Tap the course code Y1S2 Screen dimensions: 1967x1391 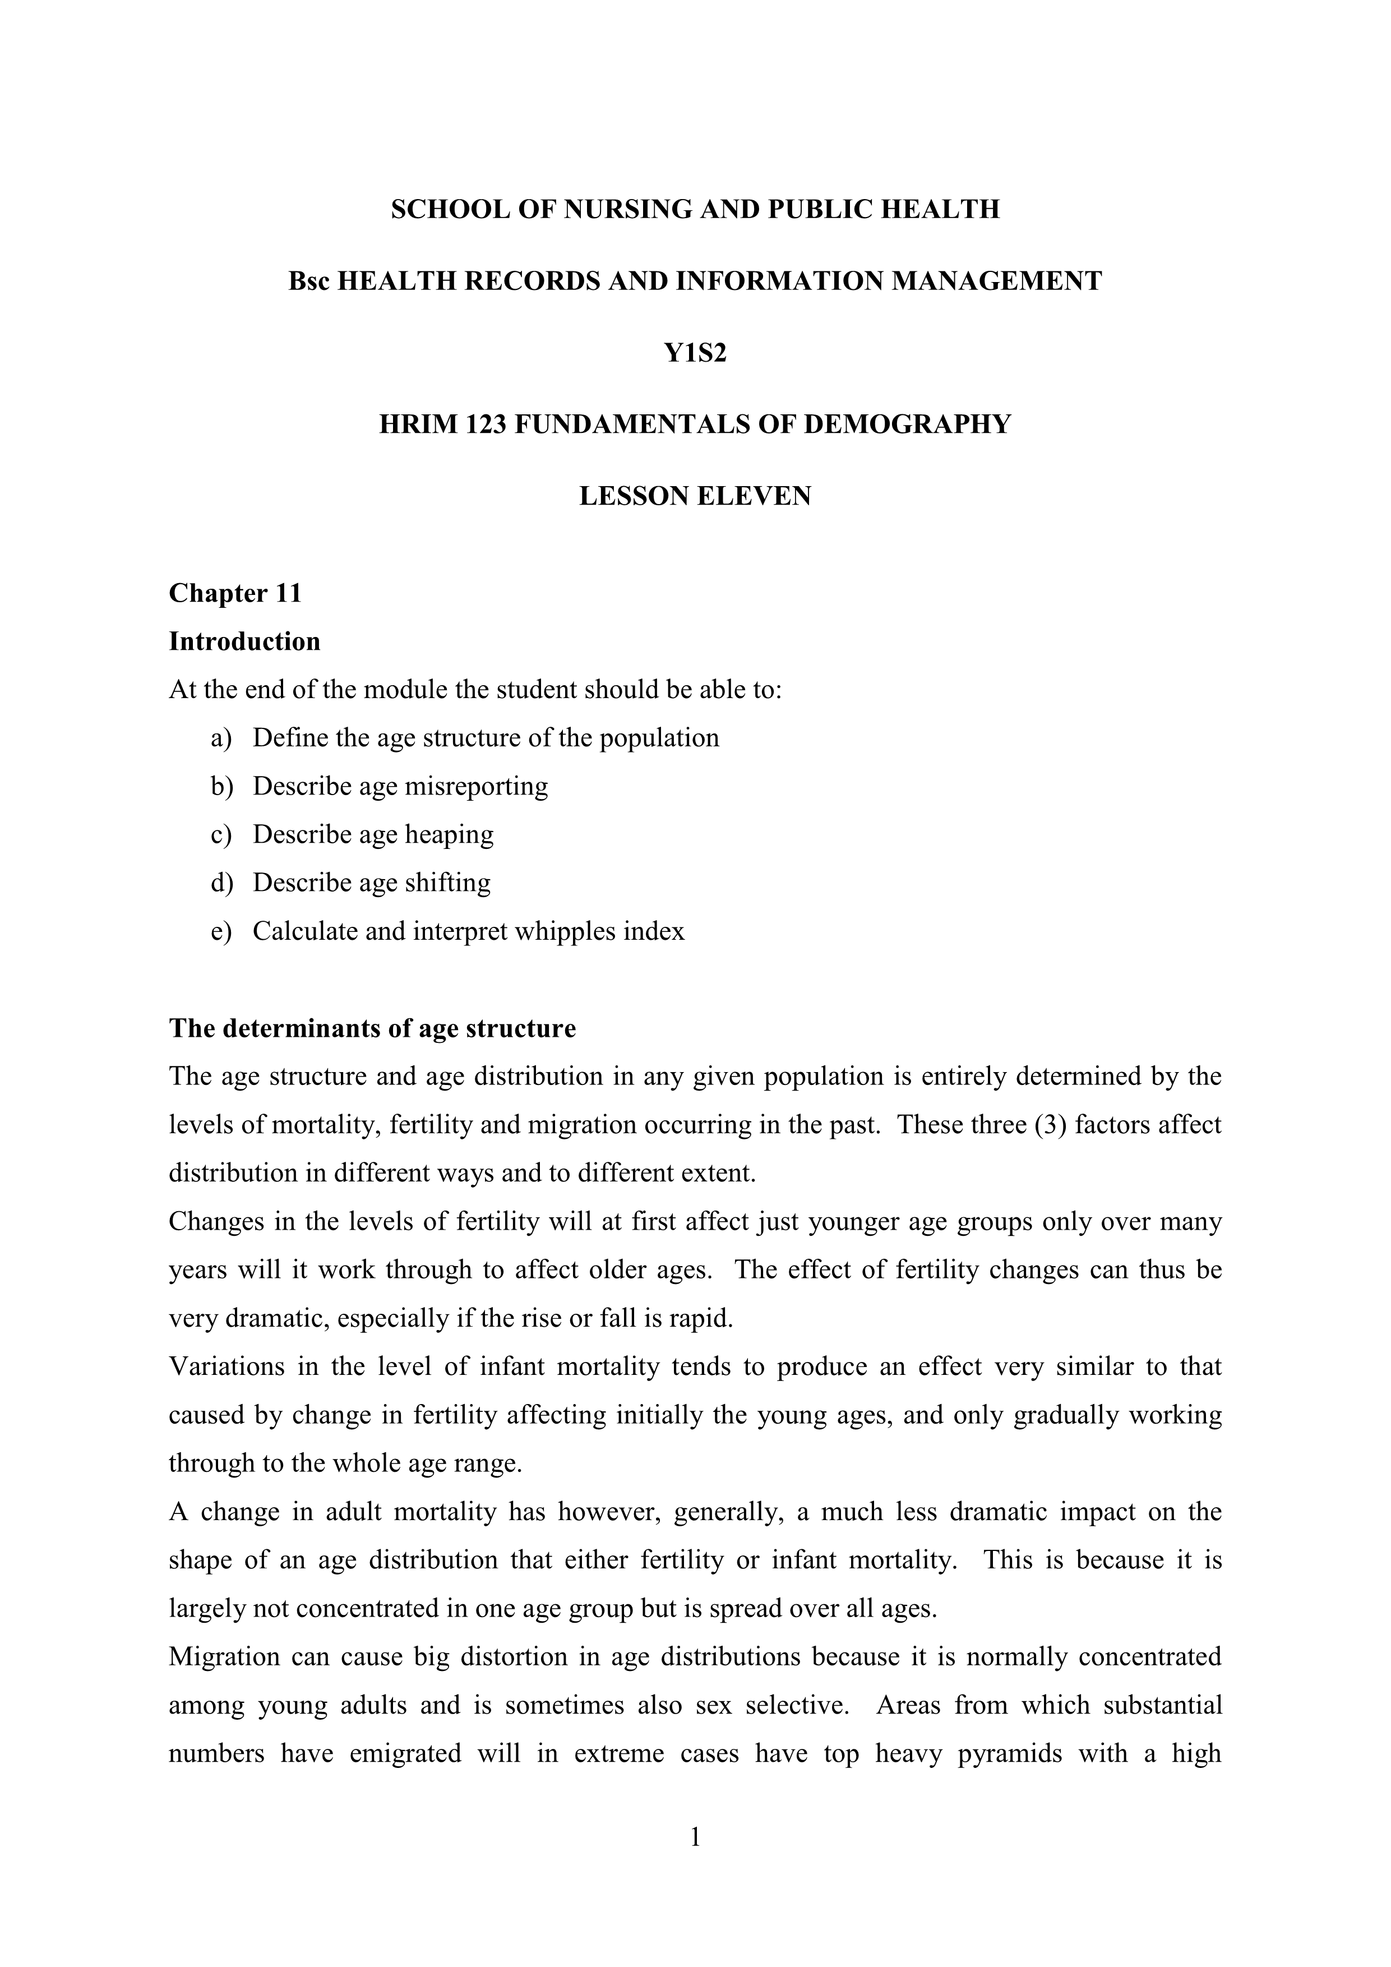click(x=695, y=352)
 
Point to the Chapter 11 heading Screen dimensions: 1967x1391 click(x=235, y=593)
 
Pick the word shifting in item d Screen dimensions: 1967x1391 click(x=447, y=883)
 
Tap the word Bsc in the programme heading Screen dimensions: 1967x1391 click(x=309, y=281)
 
